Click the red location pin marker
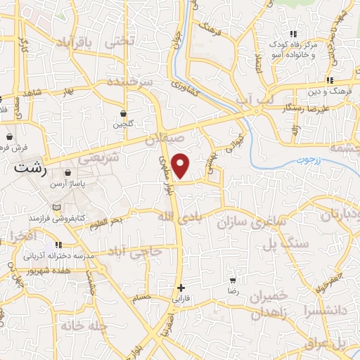(x=181, y=166)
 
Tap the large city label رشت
(x=33, y=169)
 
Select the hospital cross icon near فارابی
(x=181, y=287)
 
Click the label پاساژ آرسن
(x=67, y=183)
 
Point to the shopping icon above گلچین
(x=124, y=113)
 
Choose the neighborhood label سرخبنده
(x=131, y=82)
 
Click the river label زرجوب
(x=307, y=160)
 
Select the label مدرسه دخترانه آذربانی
(x=61, y=257)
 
